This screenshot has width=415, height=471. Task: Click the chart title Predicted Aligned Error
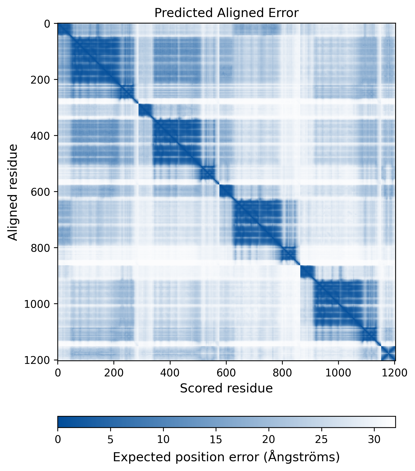[226, 13]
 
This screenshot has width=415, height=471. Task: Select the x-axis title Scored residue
[226, 388]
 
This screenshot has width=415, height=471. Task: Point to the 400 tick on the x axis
[170, 373]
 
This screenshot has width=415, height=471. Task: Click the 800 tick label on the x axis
[282, 373]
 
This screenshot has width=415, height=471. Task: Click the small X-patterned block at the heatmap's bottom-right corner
[388, 353]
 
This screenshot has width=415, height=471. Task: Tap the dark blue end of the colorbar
[61, 422]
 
